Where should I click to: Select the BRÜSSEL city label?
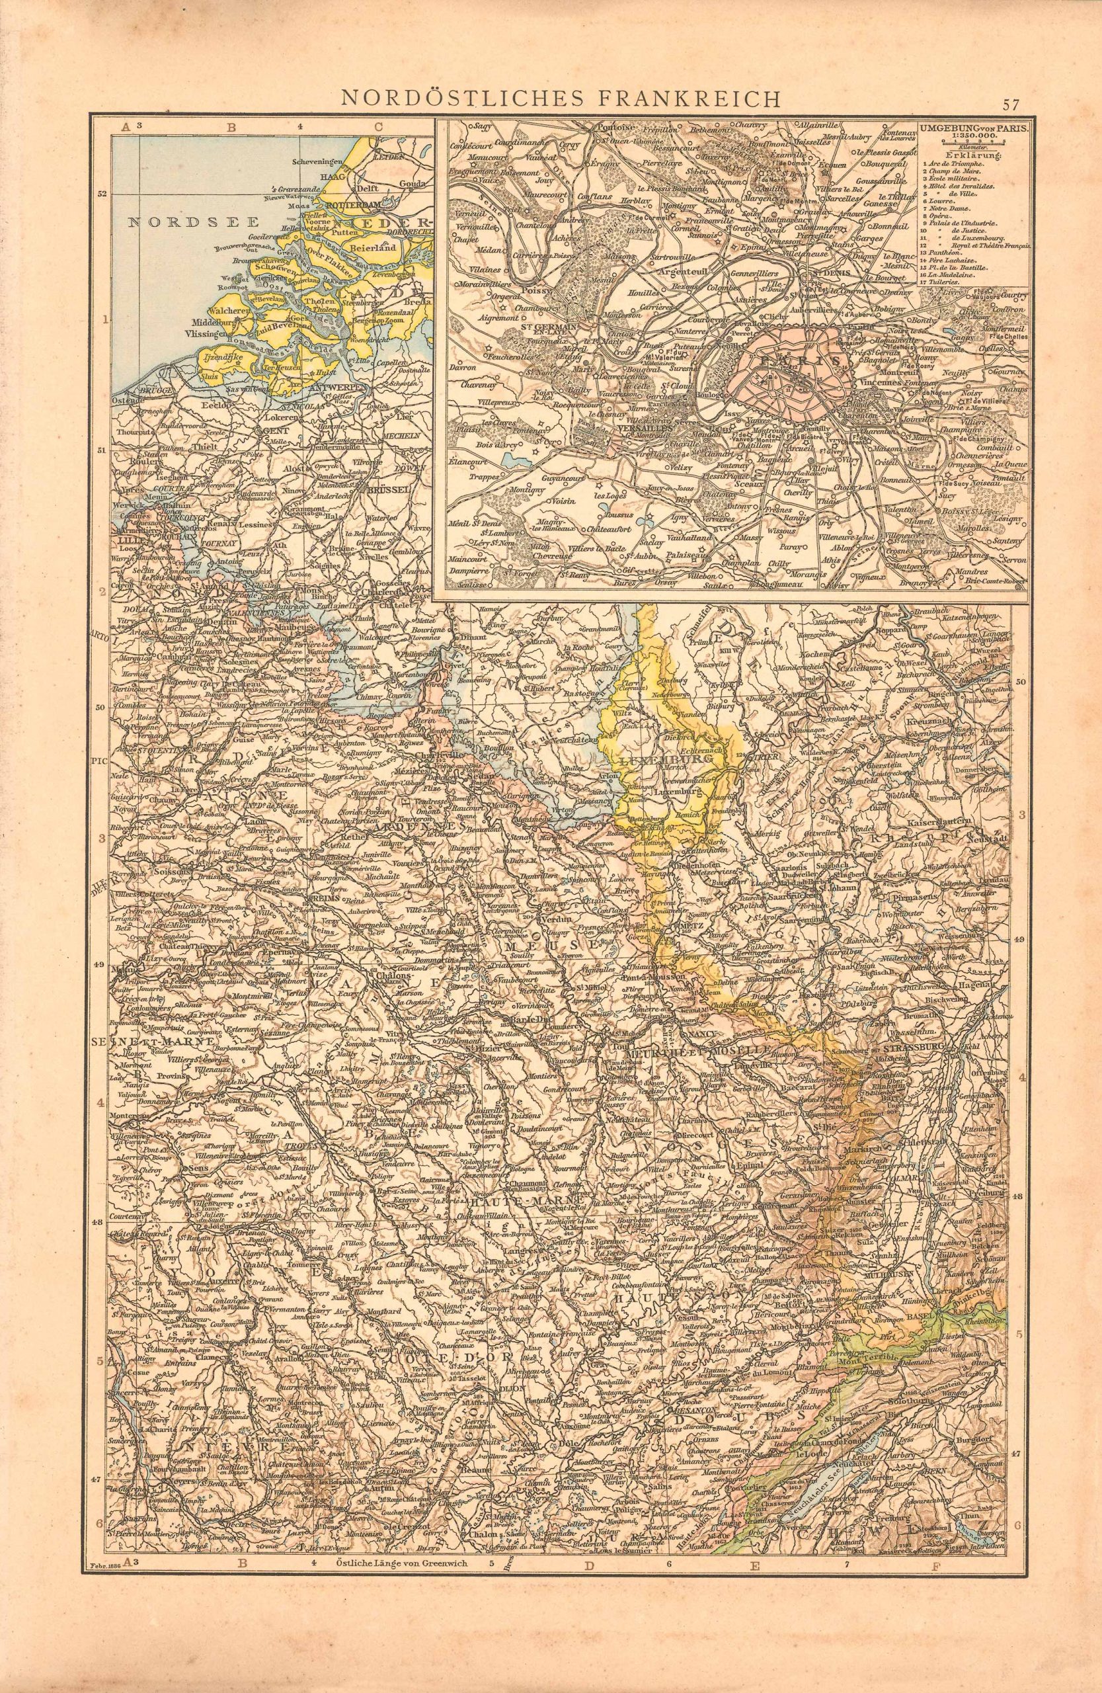[x=385, y=490]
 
